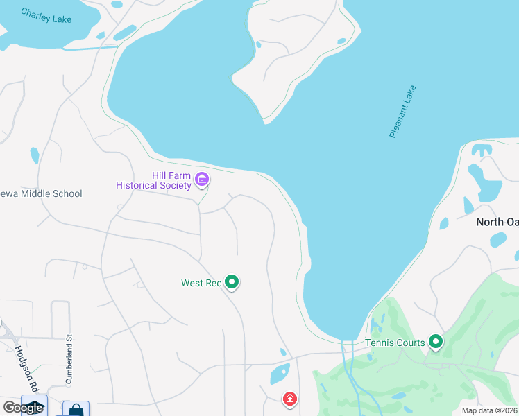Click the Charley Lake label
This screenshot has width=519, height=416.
pyautogui.click(x=46, y=15)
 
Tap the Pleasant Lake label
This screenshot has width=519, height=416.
pyautogui.click(x=402, y=112)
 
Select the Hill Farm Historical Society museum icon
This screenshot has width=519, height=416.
pyautogui.click(x=202, y=180)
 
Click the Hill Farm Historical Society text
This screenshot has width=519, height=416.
pyautogui.click(x=153, y=180)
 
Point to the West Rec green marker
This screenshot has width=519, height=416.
pyautogui.click(x=232, y=282)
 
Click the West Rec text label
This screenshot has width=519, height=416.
pyautogui.click(x=201, y=283)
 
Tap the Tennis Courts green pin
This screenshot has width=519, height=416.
pyautogui.click(x=436, y=341)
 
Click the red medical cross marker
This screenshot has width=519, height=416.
pyautogui.click(x=289, y=399)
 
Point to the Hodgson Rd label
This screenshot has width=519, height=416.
pyautogui.click(x=22, y=372)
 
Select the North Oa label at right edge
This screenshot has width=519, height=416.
pyautogui.click(x=497, y=222)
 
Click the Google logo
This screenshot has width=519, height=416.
pyautogui.click(x=23, y=408)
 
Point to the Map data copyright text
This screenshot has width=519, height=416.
pyautogui.click(x=489, y=410)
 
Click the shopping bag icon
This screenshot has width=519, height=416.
pyautogui.click(x=76, y=409)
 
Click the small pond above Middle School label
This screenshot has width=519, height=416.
pyautogui.click(x=35, y=155)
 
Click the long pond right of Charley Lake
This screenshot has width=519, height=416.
pyautogui.click(x=125, y=33)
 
